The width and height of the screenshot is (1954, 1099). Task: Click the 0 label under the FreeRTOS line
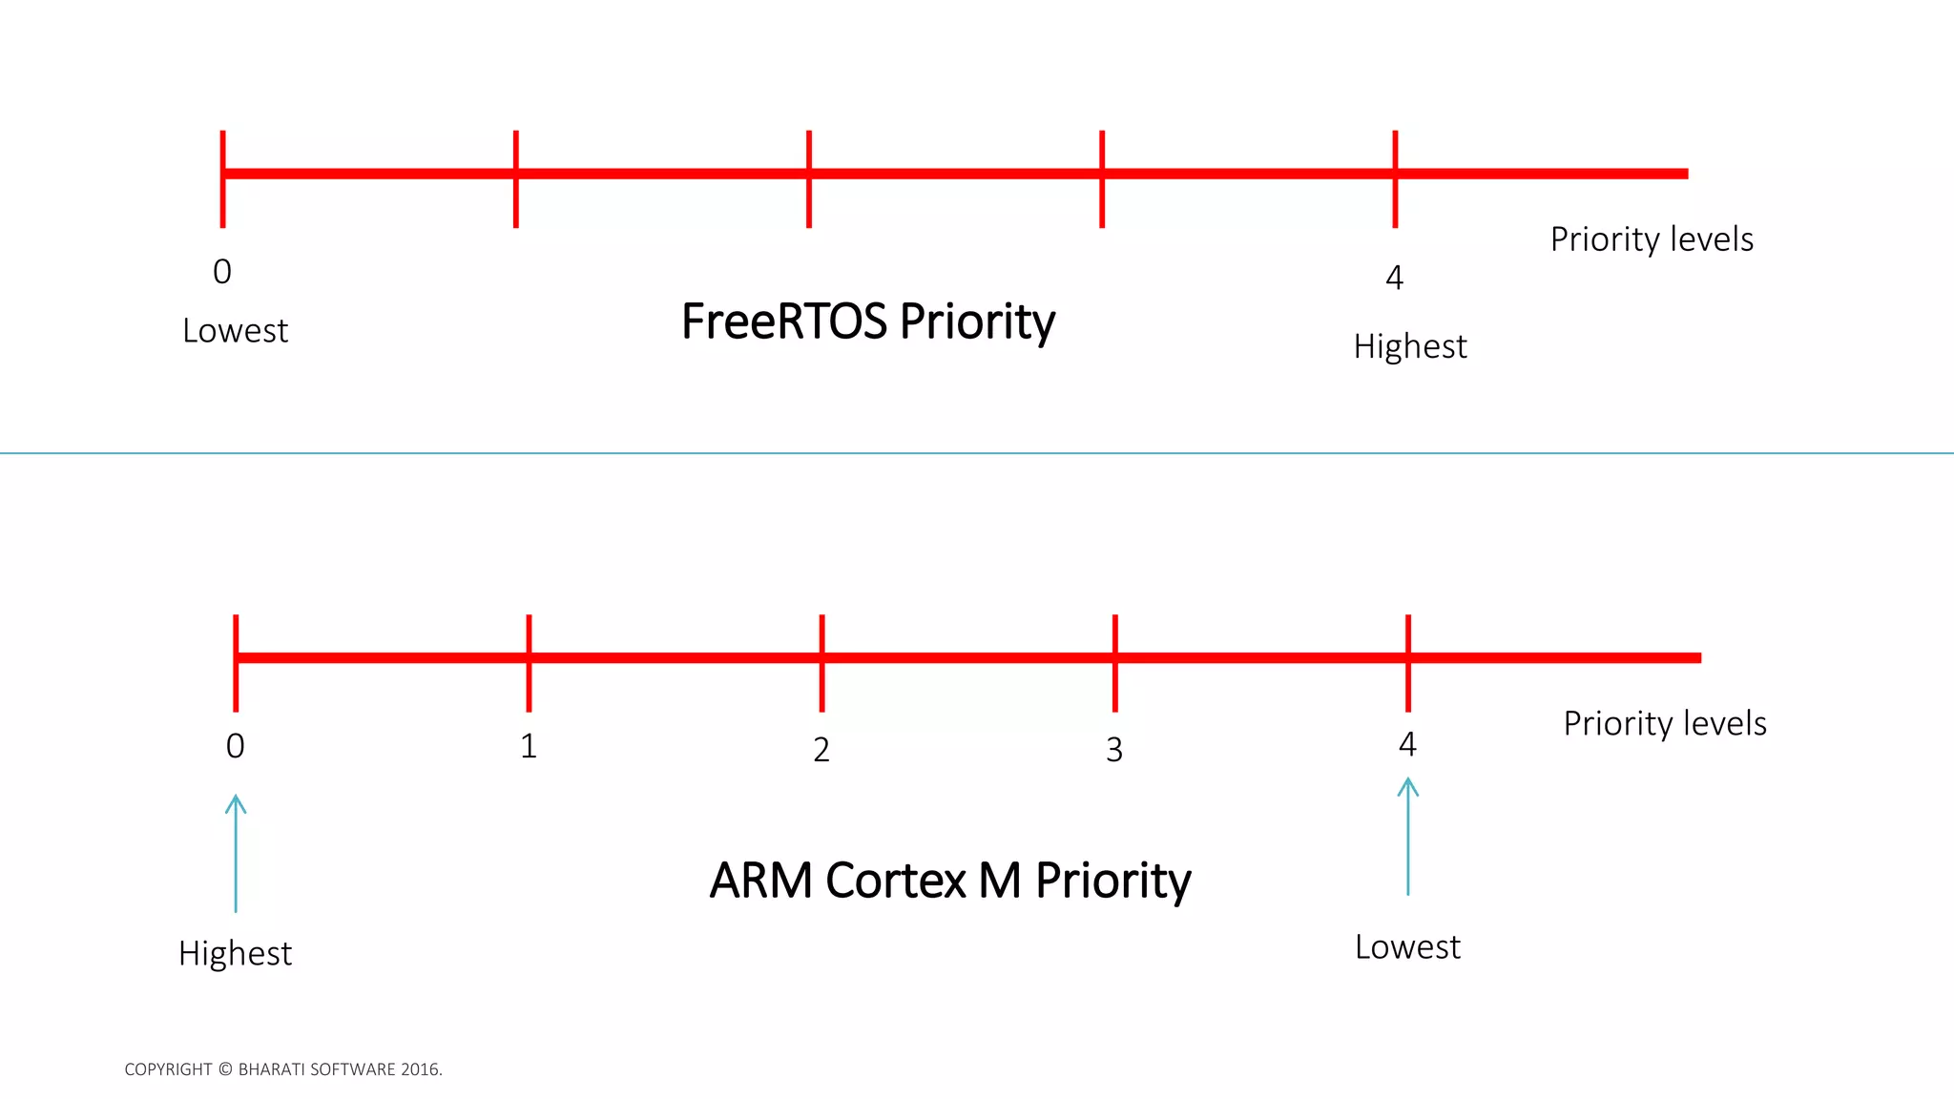tap(222, 272)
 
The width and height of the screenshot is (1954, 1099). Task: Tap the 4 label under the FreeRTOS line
tap(1394, 278)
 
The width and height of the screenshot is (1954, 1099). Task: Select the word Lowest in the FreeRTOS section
tap(235, 331)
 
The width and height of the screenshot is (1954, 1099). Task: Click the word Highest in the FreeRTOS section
tap(1409, 346)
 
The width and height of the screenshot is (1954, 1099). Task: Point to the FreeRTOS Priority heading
tap(867, 321)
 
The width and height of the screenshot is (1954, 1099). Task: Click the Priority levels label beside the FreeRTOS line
tap(1651, 239)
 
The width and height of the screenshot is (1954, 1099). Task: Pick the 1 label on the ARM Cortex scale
tap(529, 746)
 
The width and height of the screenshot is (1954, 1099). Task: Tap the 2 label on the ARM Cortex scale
tap(821, 750)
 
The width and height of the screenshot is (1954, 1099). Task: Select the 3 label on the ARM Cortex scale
tap(1114, 750)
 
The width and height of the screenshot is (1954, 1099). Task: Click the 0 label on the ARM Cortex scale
tap(236, 746)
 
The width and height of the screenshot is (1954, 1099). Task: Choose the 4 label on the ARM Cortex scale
tap(1407, 744)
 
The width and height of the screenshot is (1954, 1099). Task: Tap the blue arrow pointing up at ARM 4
tap(1407, 836)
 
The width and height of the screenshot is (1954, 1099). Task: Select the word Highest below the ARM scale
tap(235, 953)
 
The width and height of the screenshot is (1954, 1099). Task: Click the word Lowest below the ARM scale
tap(1407, 947)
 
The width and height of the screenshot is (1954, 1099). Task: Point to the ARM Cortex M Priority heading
tap(949, 881)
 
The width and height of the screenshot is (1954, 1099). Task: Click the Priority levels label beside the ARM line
tap(1664, 723)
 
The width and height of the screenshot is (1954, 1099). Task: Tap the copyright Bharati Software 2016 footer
tap(283, 1069)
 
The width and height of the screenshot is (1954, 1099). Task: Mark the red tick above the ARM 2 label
tap(821, 663)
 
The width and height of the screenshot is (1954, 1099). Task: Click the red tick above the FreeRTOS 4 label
tap(1395, 178)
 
